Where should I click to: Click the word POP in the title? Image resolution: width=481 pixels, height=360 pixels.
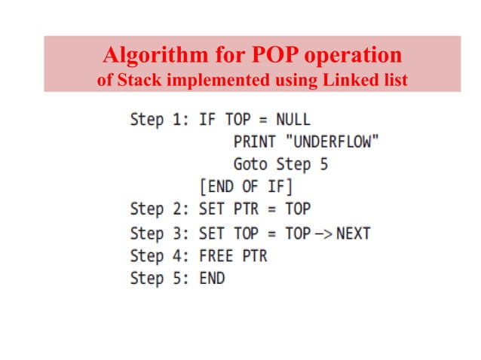click(x=262, y=56)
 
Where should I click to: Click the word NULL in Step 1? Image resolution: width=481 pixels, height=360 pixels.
click(x=293, y=120)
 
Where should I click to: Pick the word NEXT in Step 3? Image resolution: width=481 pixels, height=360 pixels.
click(x=353, y=233)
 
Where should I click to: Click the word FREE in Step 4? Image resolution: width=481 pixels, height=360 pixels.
click(x=216, y=256)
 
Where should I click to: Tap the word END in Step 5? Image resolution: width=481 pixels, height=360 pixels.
click(x=212, y=279)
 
